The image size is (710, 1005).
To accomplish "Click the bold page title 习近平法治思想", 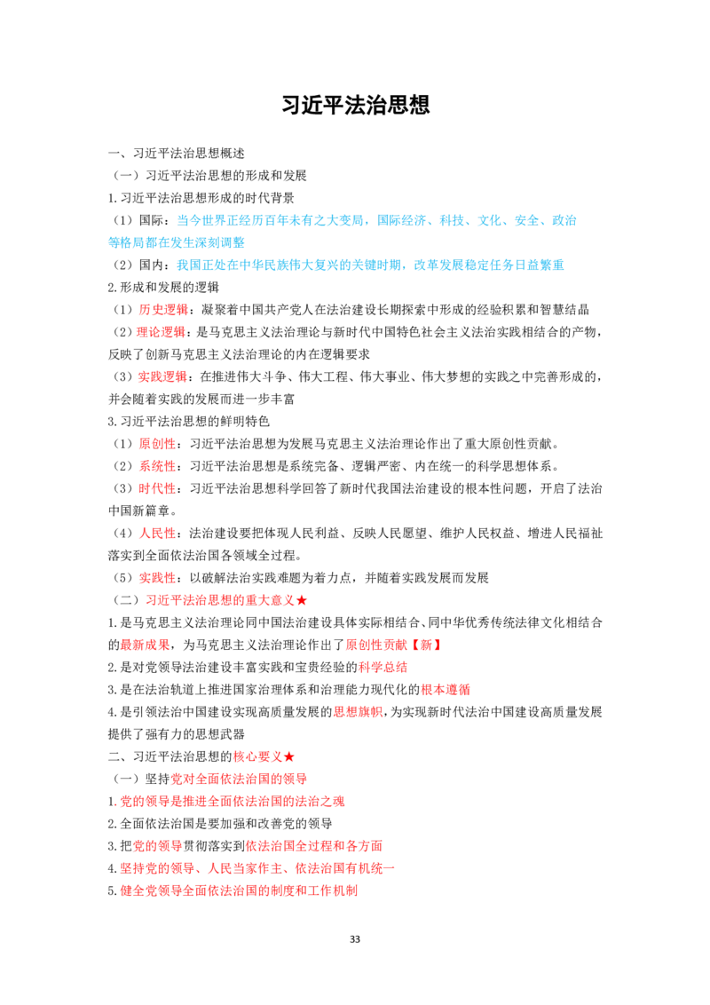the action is pyautogui.click(x=355, y=105).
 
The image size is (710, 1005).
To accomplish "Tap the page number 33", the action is pyautogui.click(x=355, y=939).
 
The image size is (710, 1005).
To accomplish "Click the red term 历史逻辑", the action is pyautogui.click(x=163, y=310).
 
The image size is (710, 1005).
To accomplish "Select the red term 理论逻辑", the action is pyautogui.click(x=162, y=332).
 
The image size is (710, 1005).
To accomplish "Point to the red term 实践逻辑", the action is pyautogui.click(x=162, y=376).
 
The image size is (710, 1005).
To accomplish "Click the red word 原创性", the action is pyautogui.click(x=158, y=444).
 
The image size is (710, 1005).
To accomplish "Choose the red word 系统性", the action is pyautogui.click(x=158, y=467).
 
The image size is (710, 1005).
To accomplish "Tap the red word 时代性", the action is pyautogui.click(x=158, y=489).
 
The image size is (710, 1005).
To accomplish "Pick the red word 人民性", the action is pyautogui.click(x=158, y=534).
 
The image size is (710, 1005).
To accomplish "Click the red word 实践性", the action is pyautogui.click(x=158, y=578).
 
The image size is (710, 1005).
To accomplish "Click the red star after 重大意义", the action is pyautogui.click(x=302, y=600).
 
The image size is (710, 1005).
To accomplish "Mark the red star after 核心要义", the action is pyautogui.click(x=289, y=757).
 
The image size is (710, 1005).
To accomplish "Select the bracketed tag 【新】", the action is pyautogui.click(x=425, y=645).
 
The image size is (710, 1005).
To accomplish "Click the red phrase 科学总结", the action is pyautogui.click(x=383, y=668).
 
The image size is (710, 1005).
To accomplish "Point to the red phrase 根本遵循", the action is pyautogui.click(x=446, y=690).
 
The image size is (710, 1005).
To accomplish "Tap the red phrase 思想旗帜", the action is pyautogui.click(x=359, y=712).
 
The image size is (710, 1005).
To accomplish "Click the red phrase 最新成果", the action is pyautogui.click(x=146, y=645).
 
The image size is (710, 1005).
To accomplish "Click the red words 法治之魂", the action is pyautogui.click(x=320, y=801).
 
